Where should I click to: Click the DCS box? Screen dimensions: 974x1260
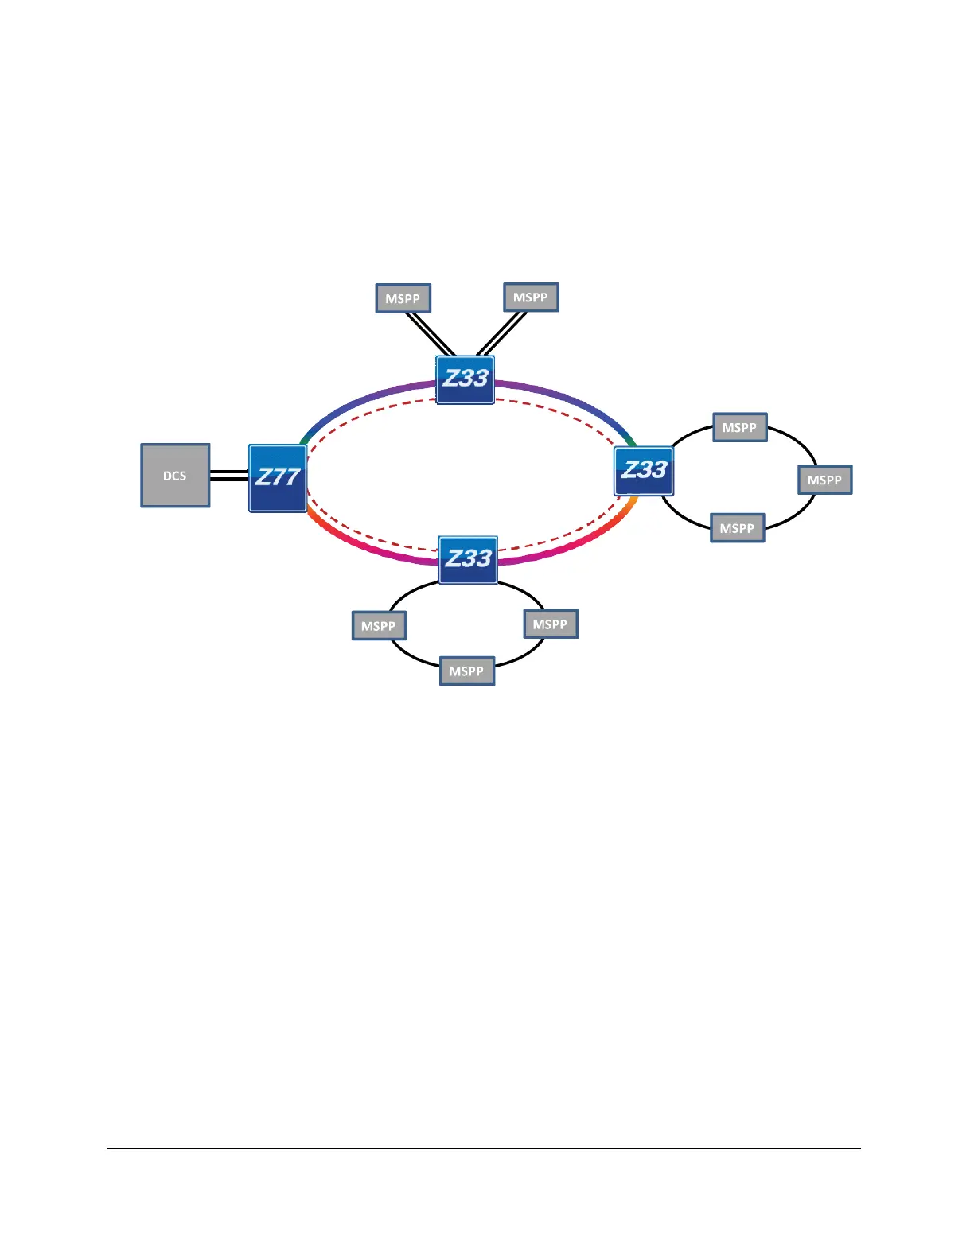tap(175, 476)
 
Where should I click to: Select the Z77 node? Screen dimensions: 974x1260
tap(278, 478)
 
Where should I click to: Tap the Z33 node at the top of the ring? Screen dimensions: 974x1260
tap(466, 379)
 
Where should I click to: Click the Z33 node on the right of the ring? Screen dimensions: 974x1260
tap(644, 471)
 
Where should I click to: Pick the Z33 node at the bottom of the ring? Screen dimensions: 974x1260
tap(468, 559)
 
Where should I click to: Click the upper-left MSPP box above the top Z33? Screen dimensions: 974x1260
tap(403, 298)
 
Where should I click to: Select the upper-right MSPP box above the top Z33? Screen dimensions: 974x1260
tap(531, 297)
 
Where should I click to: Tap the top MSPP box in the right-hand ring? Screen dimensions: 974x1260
tap(739, 427)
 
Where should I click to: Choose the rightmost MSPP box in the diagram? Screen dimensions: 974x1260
tap(824, 480)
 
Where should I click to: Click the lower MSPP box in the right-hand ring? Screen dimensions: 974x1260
tap(737, 528)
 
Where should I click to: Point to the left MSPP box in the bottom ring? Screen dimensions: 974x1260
tap(379, 626)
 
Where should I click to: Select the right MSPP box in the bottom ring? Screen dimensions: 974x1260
tap(550, 624)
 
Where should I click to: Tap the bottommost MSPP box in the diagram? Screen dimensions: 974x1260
tap(466, 671)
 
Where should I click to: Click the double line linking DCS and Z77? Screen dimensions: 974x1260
tap(229, 476)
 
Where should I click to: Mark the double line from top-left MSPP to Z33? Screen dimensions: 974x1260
tap(430, 334)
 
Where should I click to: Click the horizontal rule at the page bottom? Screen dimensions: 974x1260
tap(484, 1148)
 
